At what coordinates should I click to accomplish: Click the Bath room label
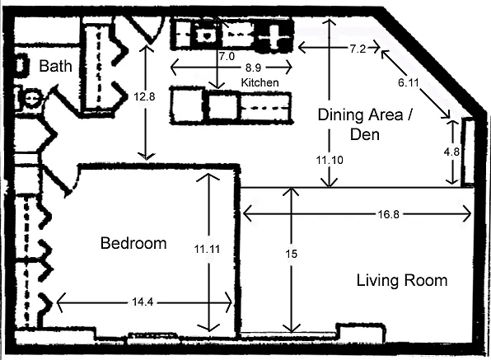point(55,66)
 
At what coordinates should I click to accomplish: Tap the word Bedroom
point(133,243)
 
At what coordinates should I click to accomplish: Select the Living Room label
point(402,280)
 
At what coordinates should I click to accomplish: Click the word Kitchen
point(260,82)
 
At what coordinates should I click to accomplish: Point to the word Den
point(365,134)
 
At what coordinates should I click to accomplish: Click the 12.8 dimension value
point(144,96)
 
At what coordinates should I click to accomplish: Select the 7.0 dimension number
point(227,56)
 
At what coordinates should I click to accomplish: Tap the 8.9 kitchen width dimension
point(253,68)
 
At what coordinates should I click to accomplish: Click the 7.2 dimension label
point(358,49)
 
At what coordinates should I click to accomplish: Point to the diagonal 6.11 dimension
point(409,82)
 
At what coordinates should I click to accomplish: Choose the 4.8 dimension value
point(451,152)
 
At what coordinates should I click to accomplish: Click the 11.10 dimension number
point(330,160)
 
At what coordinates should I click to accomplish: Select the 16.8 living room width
point(388,214)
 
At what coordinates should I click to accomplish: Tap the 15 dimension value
point(291,254)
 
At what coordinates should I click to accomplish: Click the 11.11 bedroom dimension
point(207,249)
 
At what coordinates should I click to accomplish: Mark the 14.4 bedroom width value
point(143,302)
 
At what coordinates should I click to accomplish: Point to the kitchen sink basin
point(207,35)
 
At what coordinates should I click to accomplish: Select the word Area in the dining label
point(386,115)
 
